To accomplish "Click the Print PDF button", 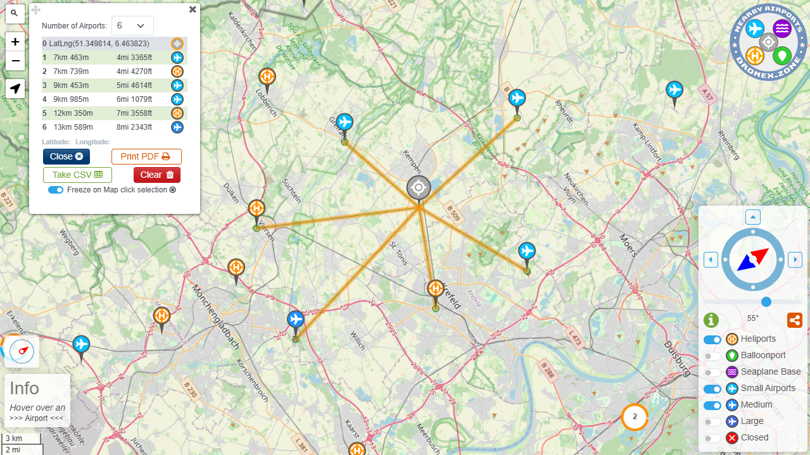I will (x=146, y=156).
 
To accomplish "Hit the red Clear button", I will (x=157, y=175).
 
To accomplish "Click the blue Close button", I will (x=66, y=156).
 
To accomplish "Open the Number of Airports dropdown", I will (x=132, y=26).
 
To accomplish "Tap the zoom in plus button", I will (x=15, y=42).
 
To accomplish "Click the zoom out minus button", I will (x=15, y=61).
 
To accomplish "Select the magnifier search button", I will (x=15, y=13).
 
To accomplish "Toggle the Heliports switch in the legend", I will (x=712, y=339).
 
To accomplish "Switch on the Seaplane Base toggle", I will (x=712, y=372).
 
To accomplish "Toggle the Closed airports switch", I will (x=712, y=438).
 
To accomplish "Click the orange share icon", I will (x=794, y=320).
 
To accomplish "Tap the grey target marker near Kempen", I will (x=418, y=188).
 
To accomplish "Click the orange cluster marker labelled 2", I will (x=635, y=416).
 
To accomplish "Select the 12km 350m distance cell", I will (x=73, y=113).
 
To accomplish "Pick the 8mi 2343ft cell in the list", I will (x=134, y=127).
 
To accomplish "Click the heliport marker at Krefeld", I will (x=435, y=289).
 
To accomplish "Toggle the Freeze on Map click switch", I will (x=56, y=190).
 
